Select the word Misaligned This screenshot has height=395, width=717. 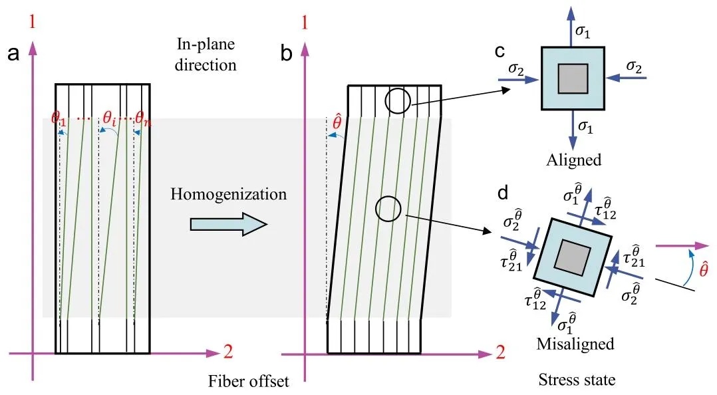575,344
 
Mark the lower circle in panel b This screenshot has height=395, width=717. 388,209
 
